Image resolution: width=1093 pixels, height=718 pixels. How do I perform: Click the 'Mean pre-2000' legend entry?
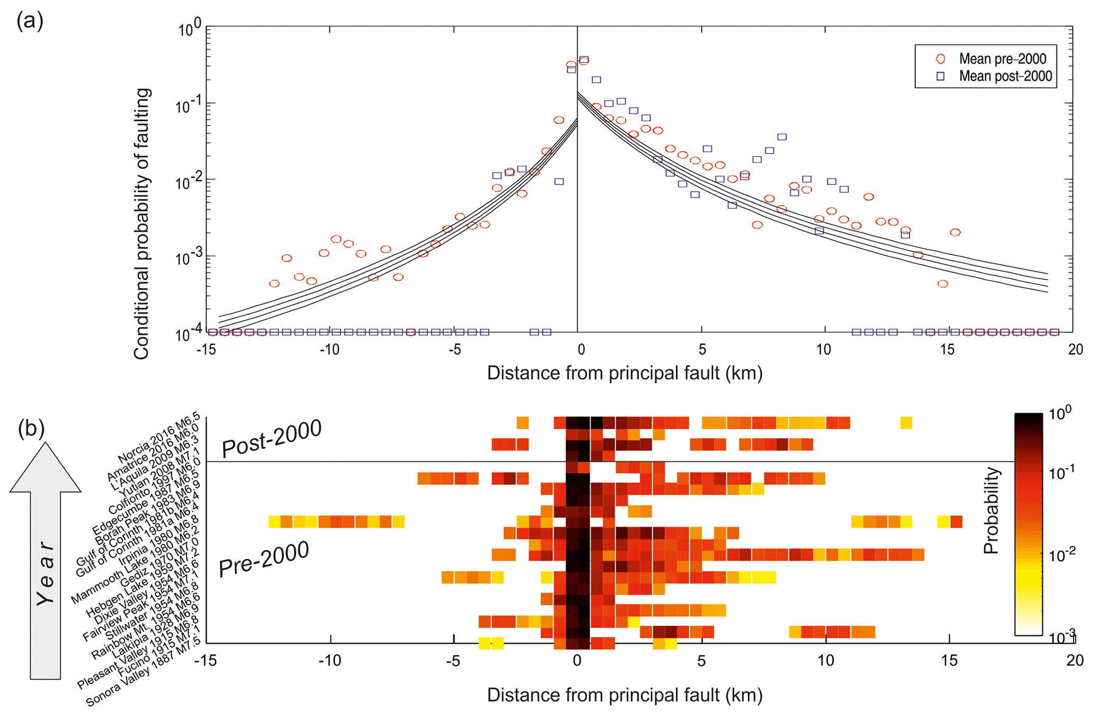pos(1002,59)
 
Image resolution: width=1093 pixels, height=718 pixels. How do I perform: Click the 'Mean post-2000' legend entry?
pos(1005,76)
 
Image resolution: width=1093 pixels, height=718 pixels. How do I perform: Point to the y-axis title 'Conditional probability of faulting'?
pos(142,224)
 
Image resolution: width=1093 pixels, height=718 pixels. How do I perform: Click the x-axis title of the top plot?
pos(624,373)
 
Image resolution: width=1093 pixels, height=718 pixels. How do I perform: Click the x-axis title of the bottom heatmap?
pos(624,695)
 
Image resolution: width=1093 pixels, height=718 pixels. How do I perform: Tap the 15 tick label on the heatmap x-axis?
pos(949,661)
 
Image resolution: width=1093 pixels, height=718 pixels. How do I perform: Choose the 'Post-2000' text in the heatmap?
pos(271,438)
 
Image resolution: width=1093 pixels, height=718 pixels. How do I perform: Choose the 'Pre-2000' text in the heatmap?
pos(263,559)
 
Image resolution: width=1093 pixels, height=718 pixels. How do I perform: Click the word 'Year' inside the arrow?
pos(45,574)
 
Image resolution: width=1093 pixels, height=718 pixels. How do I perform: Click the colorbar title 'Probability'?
pos(991,510)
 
